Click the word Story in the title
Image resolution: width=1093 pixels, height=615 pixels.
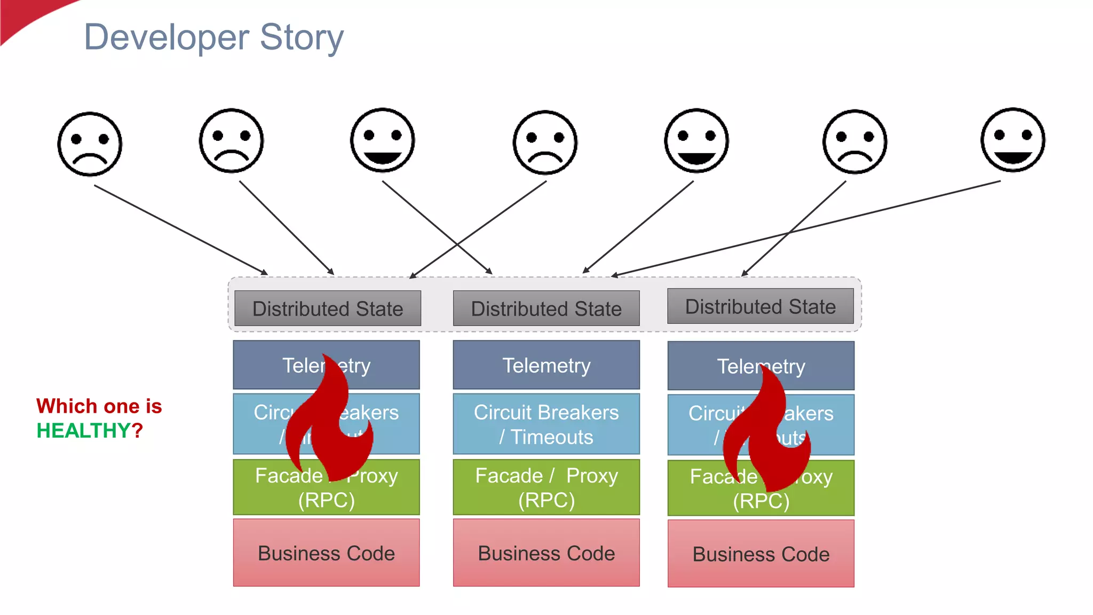point(302,37)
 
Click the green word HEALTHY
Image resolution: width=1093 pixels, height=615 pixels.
point(83,430)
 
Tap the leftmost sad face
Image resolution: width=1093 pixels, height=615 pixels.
point(90,144)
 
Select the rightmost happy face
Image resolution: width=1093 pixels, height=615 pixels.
point(1012,140)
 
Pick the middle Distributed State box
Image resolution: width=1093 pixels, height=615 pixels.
point(546,309)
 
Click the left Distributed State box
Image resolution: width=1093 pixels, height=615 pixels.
point(327,309)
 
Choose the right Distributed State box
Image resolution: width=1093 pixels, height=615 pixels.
point(760,306)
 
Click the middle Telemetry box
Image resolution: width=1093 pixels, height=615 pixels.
point(546,365)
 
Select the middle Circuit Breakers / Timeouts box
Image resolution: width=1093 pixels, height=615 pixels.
point(546,424)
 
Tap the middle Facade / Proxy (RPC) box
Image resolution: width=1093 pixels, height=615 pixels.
point(546,487)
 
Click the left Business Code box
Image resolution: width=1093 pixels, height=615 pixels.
point(326,553)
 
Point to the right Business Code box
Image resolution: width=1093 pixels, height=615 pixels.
point(761,554)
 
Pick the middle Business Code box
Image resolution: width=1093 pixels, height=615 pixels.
point(546,553)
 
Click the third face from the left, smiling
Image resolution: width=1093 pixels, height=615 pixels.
point(382,140)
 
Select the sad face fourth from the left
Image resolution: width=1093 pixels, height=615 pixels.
point(545,143)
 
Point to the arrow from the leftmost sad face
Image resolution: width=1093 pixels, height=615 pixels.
point(181,230)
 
